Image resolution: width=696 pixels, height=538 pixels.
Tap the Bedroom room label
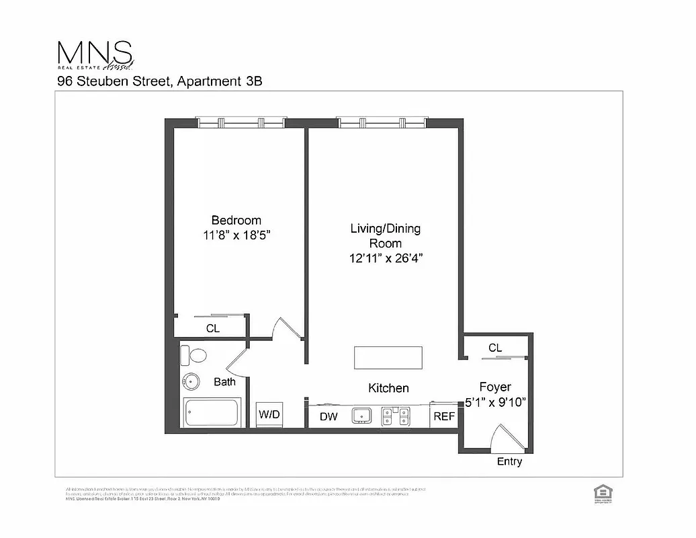coord(236,220)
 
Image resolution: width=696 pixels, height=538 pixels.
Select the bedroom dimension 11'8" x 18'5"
coord(236,235)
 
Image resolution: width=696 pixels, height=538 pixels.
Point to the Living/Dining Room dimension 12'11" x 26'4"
coord(385,258)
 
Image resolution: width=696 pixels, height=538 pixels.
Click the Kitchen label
coord(388,388)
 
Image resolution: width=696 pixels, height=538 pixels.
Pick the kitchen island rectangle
coord(388,358)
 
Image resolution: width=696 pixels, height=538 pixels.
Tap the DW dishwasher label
coord(329,417)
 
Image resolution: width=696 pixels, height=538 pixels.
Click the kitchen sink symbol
coord(362,416)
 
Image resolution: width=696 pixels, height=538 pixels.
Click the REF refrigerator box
coord(444,416)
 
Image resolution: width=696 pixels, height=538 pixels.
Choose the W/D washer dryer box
coord(269,415)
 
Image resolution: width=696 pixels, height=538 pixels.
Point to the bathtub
coord(211,413)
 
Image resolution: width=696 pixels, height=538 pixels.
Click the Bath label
coord(224,381)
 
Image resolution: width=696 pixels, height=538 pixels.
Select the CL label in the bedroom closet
coord(212,328)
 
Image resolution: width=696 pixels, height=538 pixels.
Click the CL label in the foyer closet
coord(495,348)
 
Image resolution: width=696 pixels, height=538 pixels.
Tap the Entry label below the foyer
coord(509,462)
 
